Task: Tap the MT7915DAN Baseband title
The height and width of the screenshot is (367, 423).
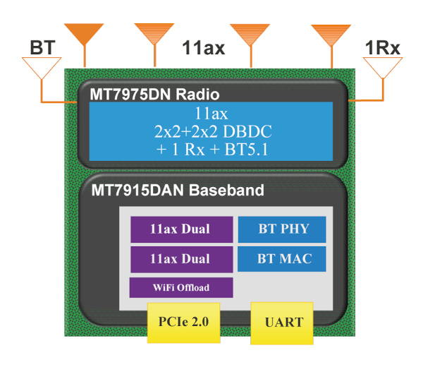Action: (176, 190)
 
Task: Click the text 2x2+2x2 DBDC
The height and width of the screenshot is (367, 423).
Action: (212, 131)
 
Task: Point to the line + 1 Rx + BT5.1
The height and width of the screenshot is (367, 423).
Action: (212, 148)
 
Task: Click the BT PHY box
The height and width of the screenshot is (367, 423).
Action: (282, 229)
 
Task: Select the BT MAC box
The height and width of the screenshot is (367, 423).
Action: (282, 258)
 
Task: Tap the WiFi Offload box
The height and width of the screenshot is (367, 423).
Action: (181, 287)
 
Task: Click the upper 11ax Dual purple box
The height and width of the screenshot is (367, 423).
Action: (181, 229)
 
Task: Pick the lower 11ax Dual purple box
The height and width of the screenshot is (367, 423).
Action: (181, 259)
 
